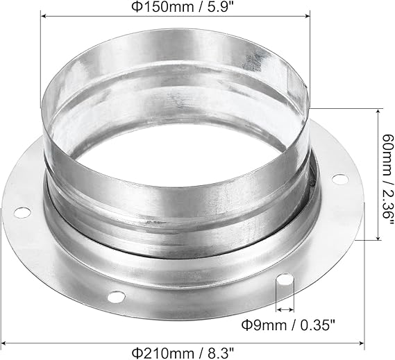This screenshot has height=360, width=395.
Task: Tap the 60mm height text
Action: pos(387,151)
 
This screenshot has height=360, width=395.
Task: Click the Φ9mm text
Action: pos(264,325)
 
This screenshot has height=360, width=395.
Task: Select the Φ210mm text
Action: pos(162,353)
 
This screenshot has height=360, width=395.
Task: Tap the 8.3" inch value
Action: pos(220,353)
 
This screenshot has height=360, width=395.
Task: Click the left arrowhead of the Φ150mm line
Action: pos(43,16)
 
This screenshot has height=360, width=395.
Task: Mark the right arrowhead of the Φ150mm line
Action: pos(308,16)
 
